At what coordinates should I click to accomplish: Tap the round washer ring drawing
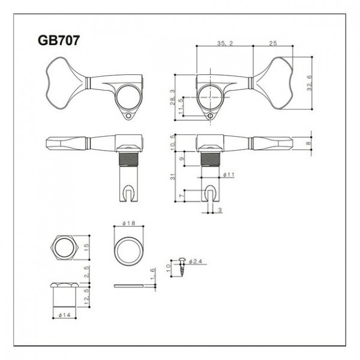tap(129, 247)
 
